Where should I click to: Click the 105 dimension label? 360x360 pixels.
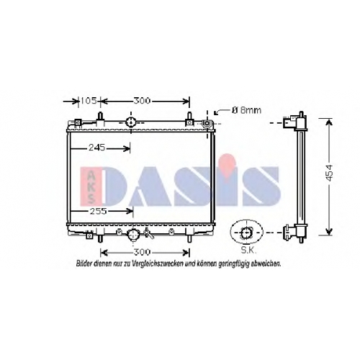(89, 101)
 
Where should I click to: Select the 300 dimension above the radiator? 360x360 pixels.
(142, 101)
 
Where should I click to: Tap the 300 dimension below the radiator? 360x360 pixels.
(142, 252)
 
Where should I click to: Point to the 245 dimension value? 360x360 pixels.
(97, 147)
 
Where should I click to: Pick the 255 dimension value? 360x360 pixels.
(98, 211)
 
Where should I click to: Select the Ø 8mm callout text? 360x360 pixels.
(246, 110)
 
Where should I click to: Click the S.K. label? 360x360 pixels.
(248, 251)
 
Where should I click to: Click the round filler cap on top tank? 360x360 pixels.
(131, 122)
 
